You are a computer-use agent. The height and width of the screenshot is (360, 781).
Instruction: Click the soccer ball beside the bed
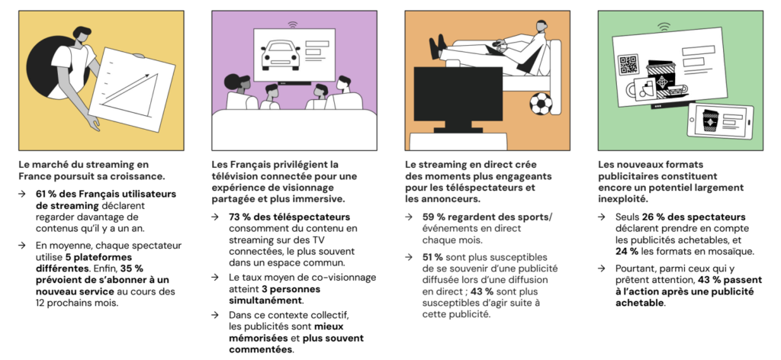click(541, 104)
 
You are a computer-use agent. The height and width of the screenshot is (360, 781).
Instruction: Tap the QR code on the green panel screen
click(628, 66)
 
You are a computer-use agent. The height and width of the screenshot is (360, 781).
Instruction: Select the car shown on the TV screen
click(281, 54)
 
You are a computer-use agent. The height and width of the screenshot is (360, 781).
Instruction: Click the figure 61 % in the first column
click(45, 194)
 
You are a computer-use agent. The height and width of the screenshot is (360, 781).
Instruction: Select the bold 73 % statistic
click(239, 217)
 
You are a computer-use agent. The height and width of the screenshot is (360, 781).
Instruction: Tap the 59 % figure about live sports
click(433, 217)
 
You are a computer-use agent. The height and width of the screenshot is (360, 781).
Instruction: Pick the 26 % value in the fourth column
click(653, 217)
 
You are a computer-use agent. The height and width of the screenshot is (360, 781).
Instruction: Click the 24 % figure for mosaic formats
click(627, 252)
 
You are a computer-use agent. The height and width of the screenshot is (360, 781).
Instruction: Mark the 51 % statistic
click(432, 257)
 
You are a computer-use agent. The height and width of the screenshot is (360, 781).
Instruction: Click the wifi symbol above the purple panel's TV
click(293, 24)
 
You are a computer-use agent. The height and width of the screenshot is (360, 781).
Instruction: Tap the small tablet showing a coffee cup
click(720, 121)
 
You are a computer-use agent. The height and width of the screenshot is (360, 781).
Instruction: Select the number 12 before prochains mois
click(40, 303)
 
